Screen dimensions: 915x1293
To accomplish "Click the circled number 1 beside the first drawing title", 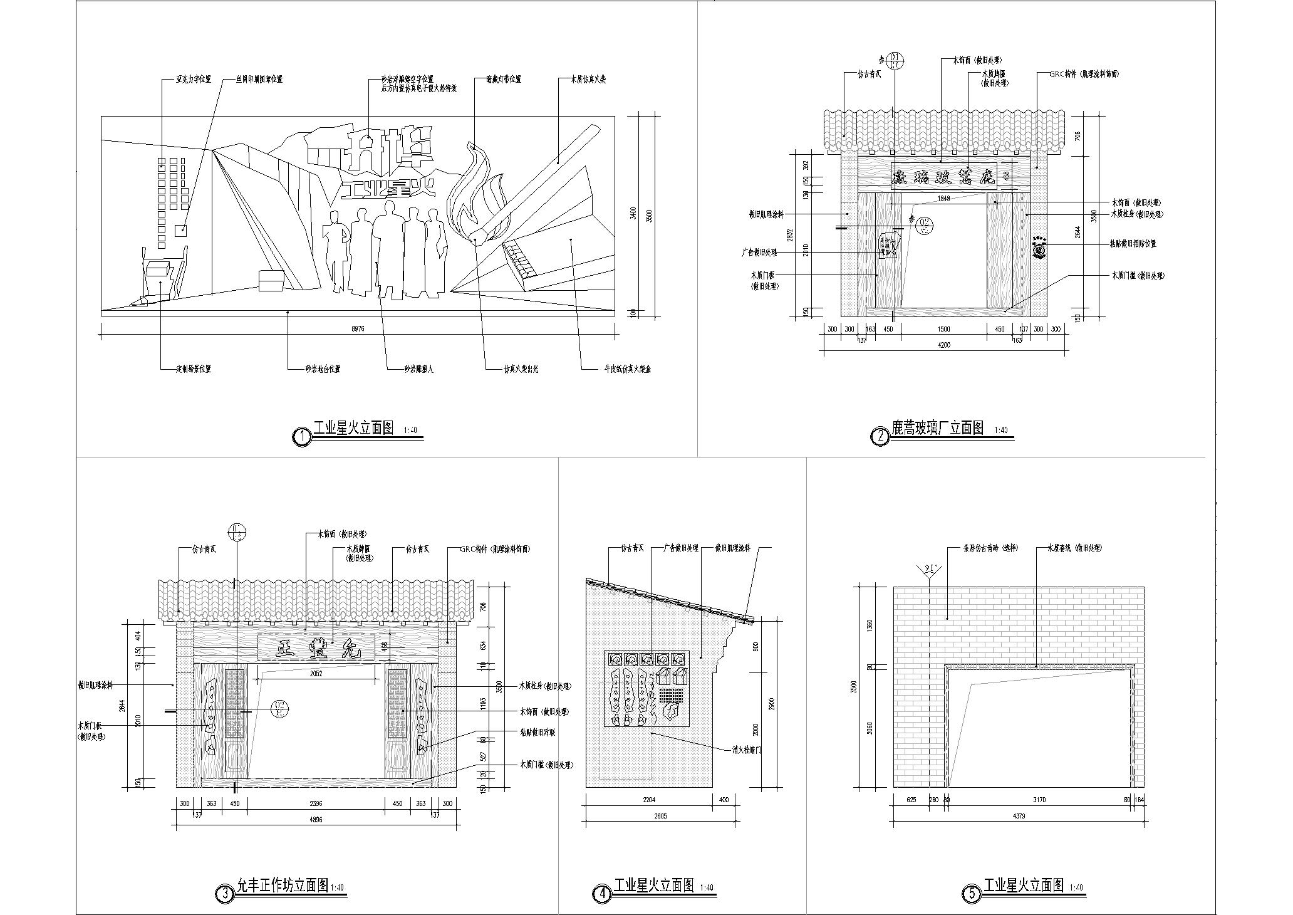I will pyautogui.click(x=303, y=437).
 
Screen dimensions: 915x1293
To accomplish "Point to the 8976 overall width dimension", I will pyautogui.click(x=358, y=329).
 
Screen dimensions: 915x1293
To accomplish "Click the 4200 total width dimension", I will pyautogui.click(x=945, y=344).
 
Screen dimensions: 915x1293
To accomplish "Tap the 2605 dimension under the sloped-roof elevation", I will pyautogui.click(x=660, y=816).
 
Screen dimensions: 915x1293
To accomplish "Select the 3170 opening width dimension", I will pyautogui.click(x=1040, y=800).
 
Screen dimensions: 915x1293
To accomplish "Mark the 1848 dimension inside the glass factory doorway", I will pyautogui.click(x=944, y=199).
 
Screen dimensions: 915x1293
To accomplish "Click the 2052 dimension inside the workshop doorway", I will pyautogui.click(x=316, y=673).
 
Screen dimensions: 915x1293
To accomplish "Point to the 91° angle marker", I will pyautogui.click(x=930, y=569).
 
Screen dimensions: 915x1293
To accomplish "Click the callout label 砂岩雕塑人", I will pyautogui.click(x=418, y=369).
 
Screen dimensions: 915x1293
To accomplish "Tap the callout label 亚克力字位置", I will pyautogui.click(x=194, y=80).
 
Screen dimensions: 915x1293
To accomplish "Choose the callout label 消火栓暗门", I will pyautogui.click(x=747, y=750).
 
